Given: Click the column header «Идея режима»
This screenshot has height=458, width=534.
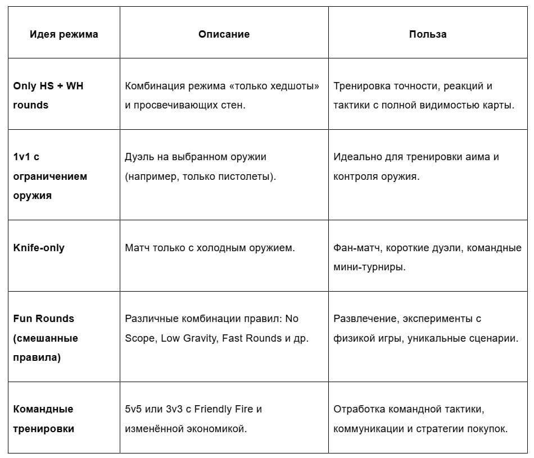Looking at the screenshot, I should (x=64, y=34).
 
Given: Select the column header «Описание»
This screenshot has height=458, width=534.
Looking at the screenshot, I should (x=224, y=34).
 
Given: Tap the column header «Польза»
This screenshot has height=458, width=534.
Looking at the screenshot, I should (x=428, y=34).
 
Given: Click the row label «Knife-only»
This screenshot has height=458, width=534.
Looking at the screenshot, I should (x=39, y=248).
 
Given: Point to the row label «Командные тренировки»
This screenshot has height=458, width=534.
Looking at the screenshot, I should (x=44, y=419).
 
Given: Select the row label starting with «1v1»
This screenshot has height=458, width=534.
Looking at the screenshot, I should (x=50, y=176).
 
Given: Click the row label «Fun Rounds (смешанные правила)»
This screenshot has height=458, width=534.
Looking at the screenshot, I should (x=46, y=338).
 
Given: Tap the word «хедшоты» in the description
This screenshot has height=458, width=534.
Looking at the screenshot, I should (x=295, y=86).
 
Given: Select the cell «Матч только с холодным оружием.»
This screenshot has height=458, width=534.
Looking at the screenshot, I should (x=209, y=248).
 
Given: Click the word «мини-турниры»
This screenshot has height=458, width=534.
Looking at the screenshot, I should (x=369, y=267).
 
